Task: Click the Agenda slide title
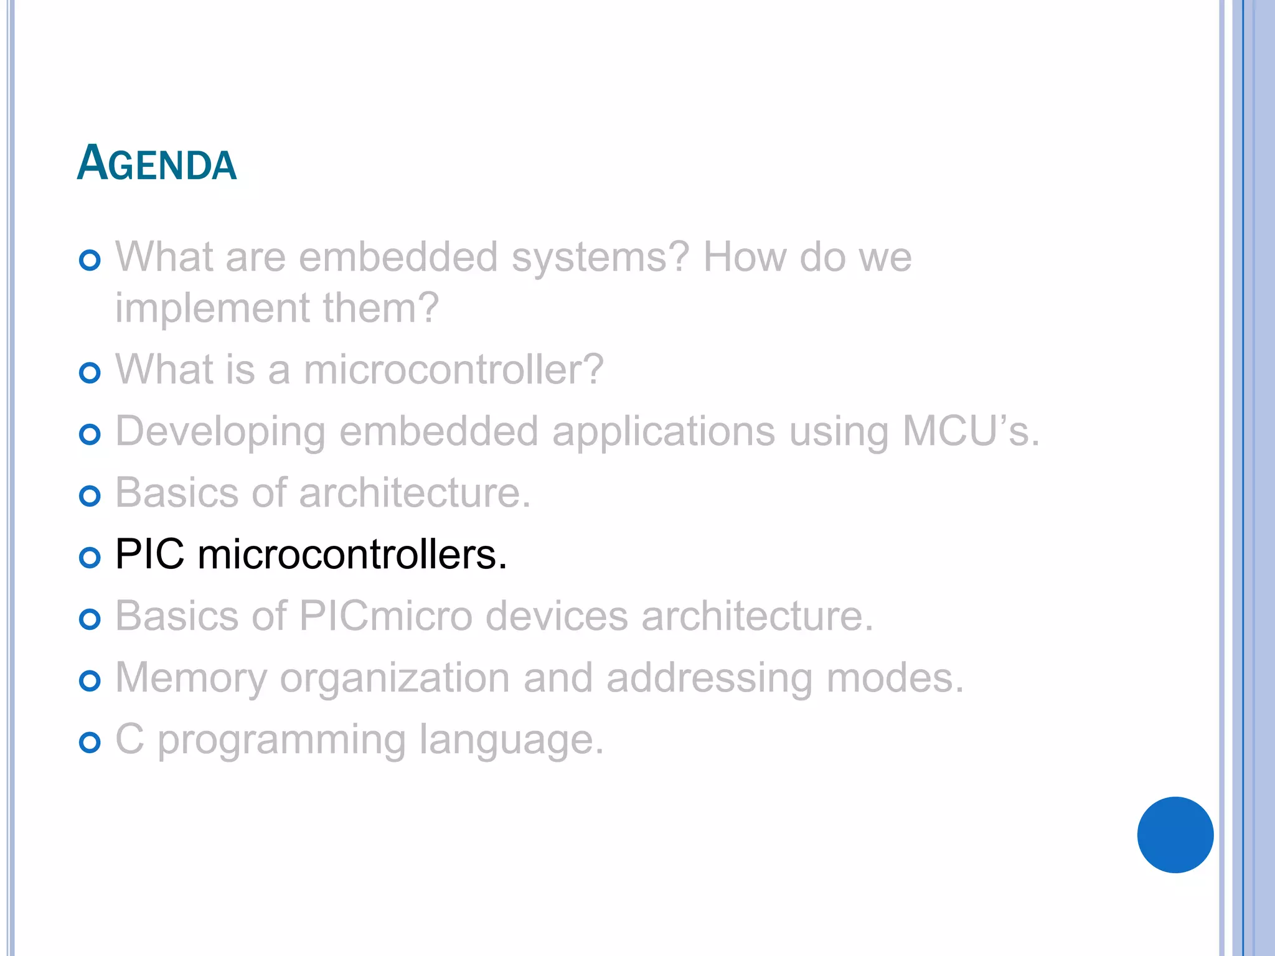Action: [157, 163]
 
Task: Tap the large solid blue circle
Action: [1175, 835]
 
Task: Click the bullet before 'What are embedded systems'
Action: [90, 260]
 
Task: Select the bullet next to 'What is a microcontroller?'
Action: [90, 373]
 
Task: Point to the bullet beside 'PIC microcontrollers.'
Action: [90, 557]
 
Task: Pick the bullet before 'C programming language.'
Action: [90, 742]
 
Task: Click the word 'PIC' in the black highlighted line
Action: [150, 554]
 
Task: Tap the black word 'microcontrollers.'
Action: [352, 554]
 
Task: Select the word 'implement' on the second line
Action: [212, 309]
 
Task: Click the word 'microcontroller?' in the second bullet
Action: [453, 370]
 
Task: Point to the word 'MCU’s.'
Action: [971, 431]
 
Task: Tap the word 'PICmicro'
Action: [386, 616]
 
